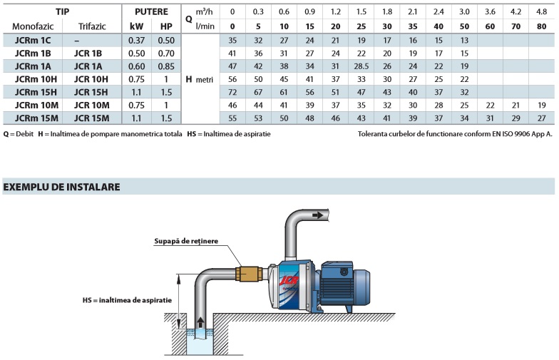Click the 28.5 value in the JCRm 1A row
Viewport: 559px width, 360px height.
click(x=361, y=66)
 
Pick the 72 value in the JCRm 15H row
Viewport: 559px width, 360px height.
click(x=232, y=92)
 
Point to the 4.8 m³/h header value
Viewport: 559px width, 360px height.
click(x=541, y=12)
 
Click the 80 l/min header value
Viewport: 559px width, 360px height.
click(x=541, y=25)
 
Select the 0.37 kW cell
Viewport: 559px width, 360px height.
click(x=137, y=40)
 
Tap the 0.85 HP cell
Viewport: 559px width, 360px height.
click(x=167, y=66)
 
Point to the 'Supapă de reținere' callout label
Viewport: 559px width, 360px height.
click(x=186, y=242)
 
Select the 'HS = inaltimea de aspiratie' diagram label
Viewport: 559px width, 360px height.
click(x=127, y=300)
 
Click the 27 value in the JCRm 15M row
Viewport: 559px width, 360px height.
click(x=541, y=118)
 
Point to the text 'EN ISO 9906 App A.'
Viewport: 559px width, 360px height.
click(x=516, y=133)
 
